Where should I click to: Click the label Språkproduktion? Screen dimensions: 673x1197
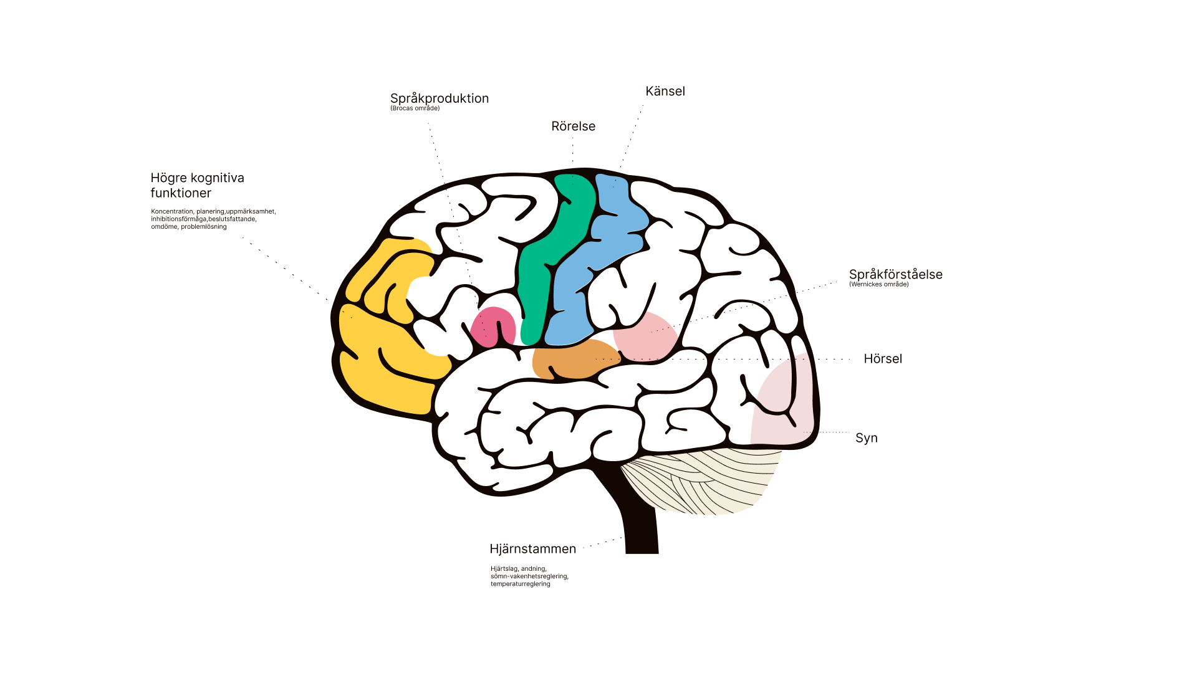click(x=440, y=98)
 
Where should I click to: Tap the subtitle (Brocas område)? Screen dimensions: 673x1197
click(x=415, y=108)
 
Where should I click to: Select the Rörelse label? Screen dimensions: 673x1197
click(x=573, y=126)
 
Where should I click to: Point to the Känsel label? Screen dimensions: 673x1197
click(x=665, y=92)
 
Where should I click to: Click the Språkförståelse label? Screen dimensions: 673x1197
click(x=895, y=274)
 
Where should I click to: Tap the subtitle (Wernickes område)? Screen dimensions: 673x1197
click(x=878, y=285)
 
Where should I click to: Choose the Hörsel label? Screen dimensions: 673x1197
click(x=883, y=359)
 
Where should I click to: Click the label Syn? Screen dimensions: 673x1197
click(x=866, y=438)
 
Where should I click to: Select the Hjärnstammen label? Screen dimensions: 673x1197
click(x=532, y=549)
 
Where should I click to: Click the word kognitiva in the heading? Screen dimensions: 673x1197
click(x=217, y=178)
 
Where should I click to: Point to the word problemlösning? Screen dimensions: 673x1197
click(x=204, y=227)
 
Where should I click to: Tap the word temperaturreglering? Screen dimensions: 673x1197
click(x=520, y=584)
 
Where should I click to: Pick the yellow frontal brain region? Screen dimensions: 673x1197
click(x=380, y=368)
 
